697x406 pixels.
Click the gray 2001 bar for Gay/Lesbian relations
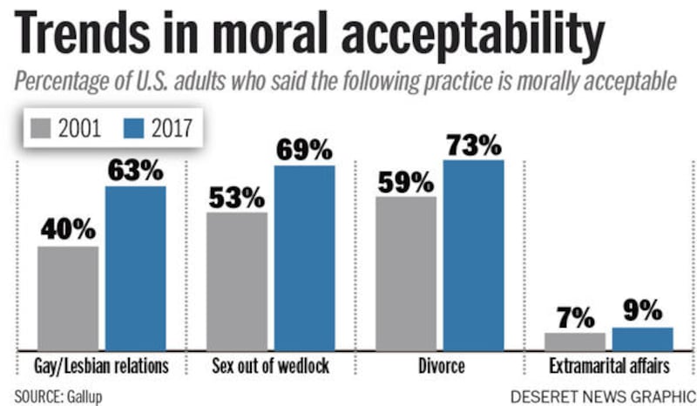(68, 298)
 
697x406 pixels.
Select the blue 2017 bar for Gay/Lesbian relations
(135, 267)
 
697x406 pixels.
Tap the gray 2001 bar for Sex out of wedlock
(237, 281)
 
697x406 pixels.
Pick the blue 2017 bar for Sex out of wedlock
(304, 258)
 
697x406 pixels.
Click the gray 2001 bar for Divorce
(406, 273)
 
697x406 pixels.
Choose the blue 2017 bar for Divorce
(473, 254)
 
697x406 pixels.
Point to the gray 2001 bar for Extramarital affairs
(575, 341)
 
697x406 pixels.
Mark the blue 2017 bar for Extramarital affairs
(643, 339)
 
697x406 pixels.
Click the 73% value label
(473, 144)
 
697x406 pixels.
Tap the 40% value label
(68, 229)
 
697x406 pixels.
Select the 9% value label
(643, 311)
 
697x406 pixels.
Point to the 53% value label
(236, 197)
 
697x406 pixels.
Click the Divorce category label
(439, 365)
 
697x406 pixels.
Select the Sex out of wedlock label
(270, 365)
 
